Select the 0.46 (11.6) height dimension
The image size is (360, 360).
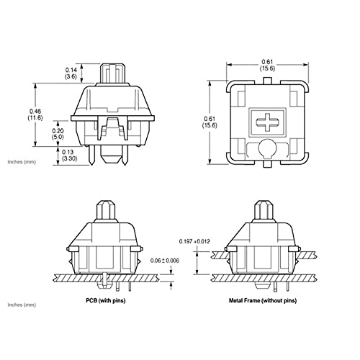[x=35, y=114]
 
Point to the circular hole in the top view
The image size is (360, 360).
[x=266, y=148]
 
